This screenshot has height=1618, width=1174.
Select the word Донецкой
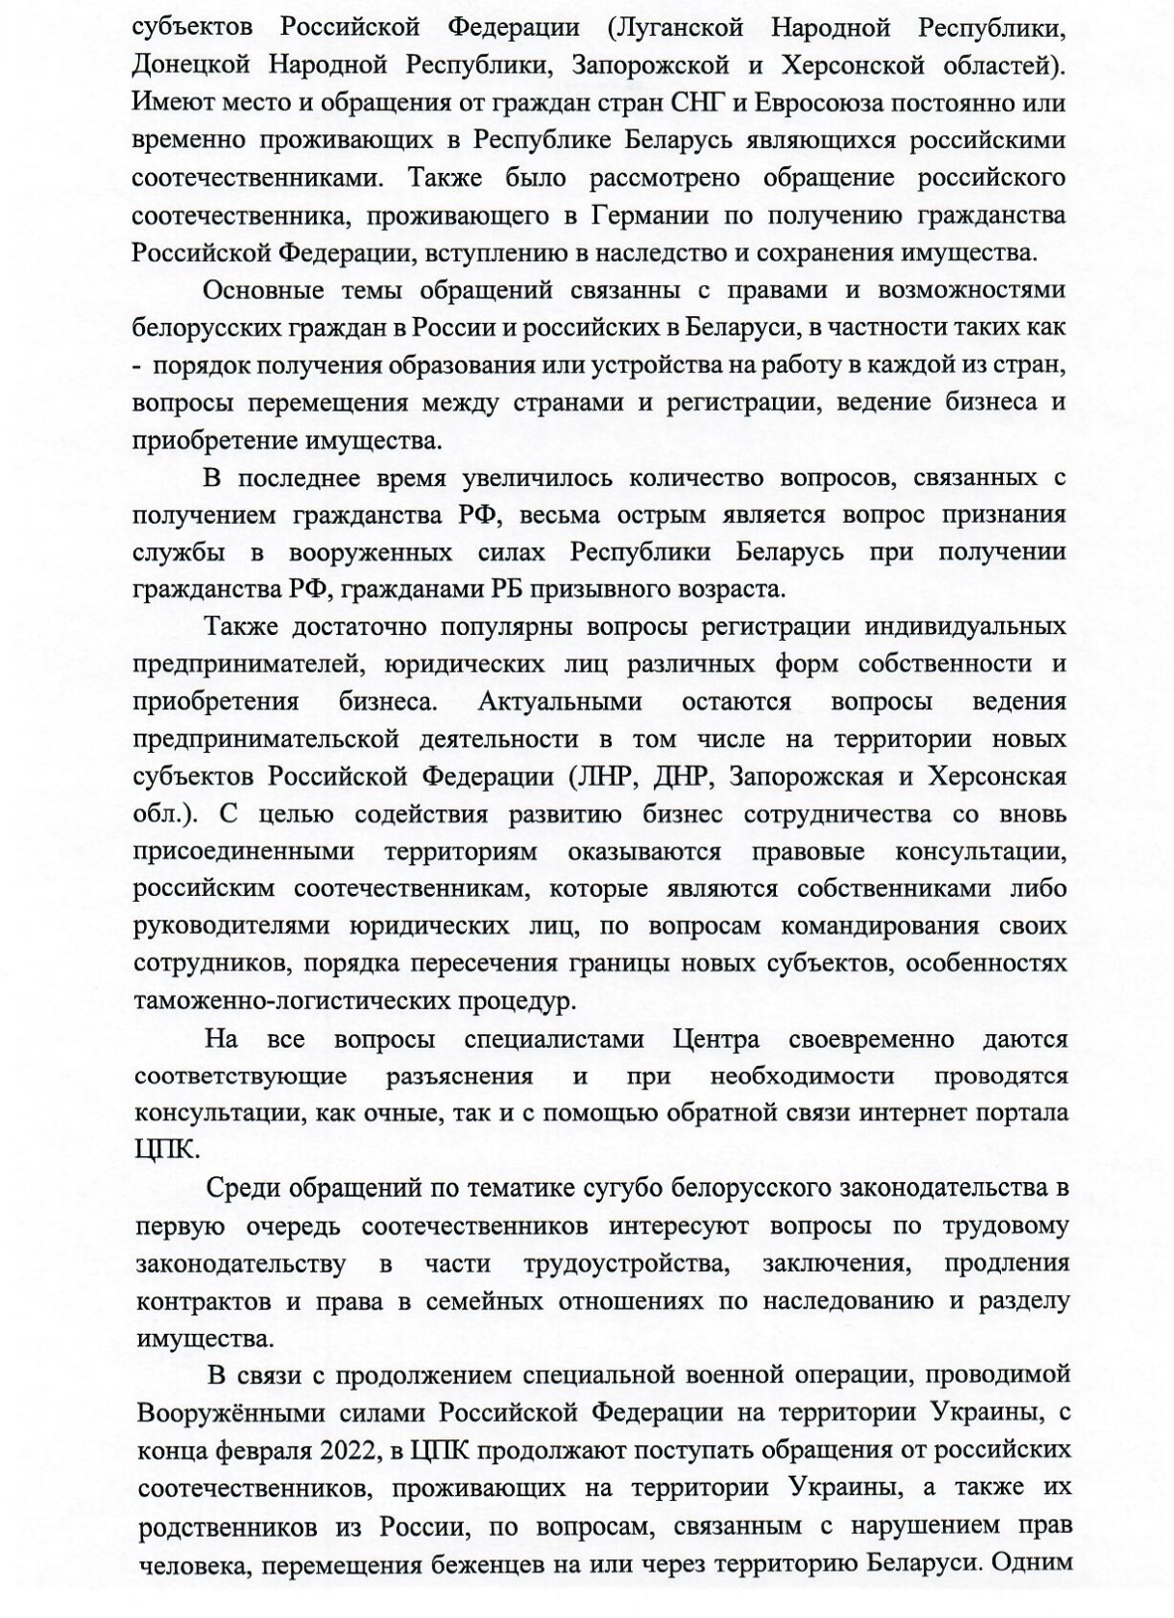pos(191,65)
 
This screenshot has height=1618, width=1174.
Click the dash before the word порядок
pos(137,366)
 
